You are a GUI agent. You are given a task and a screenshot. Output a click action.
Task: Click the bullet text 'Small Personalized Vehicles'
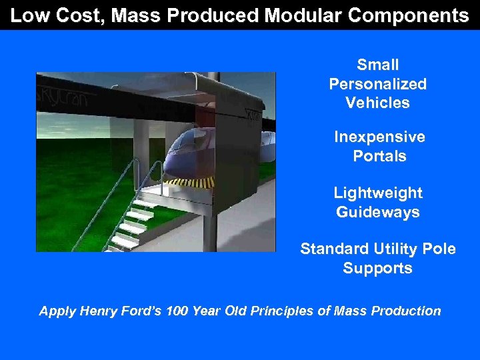tap(377, 84)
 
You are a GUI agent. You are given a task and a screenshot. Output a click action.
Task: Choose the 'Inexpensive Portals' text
tap(379, 147)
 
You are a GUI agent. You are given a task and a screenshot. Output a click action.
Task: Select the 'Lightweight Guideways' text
tap(377, 203)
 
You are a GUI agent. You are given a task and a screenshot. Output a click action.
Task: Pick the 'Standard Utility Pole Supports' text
tap(377, 259)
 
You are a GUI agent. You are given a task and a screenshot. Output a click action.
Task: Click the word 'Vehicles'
tap(377, 103)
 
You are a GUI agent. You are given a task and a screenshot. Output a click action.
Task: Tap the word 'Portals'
tap(379, 157)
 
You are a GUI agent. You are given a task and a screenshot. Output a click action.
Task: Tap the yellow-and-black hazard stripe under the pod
tap(191, 182)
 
